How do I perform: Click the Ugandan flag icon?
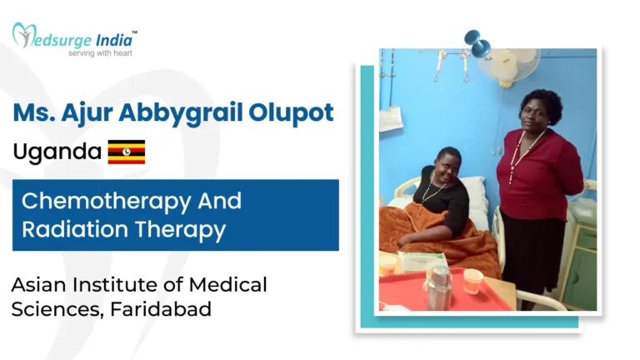pos(127,152)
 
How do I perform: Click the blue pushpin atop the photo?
pos(477,42)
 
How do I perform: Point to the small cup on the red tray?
pos(473,281)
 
